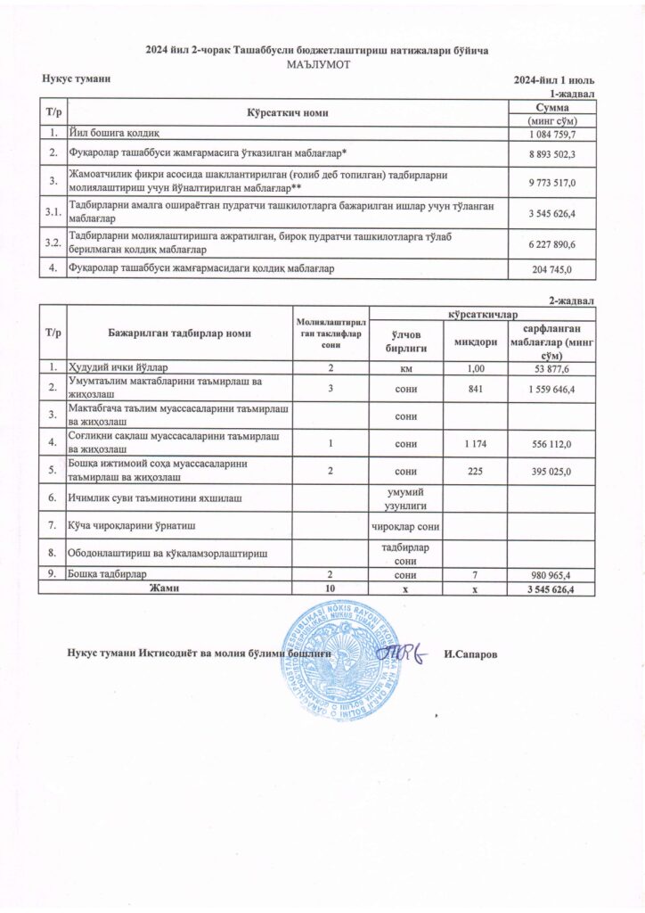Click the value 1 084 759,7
[553, 134]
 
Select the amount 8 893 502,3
[553, 154]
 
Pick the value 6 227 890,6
[553, 244]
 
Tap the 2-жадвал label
[575, 301]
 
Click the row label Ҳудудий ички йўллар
[126, 367]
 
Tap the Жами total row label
[166, 589]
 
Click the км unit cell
[406, 367]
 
